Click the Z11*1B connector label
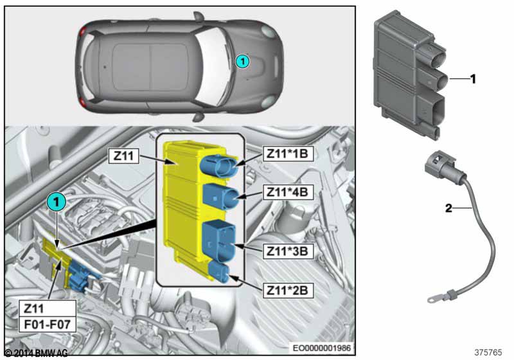pyautogui.click(x=288, y=154)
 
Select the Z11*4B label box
pyautogui.click(x=288, y=192)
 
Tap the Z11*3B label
pyautogui.click(x=288, y=251)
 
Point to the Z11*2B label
pyautogui.click(x=288, y=290)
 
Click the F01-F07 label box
pyautogui.click(x=48, y=325)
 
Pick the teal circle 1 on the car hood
pyautogui.click(x=243, y=61)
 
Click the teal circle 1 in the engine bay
pyautogui.click(x=57, y=202)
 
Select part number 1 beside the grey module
pyautogui.click(x=473, y=79)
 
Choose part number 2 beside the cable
pyautogui.click(x=448, y=208)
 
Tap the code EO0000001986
pyautogui.click(x=322, y=348)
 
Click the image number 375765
pyautogui.click(x=488, y=352)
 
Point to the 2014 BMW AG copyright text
pyautogui.click(x=37, y=353)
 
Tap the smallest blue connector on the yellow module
pyautogui.click(x=218, y=271)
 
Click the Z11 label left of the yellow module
pyautogui.click(x=123, y=156)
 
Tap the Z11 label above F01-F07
pyautogui.click(x=34, y=308)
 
